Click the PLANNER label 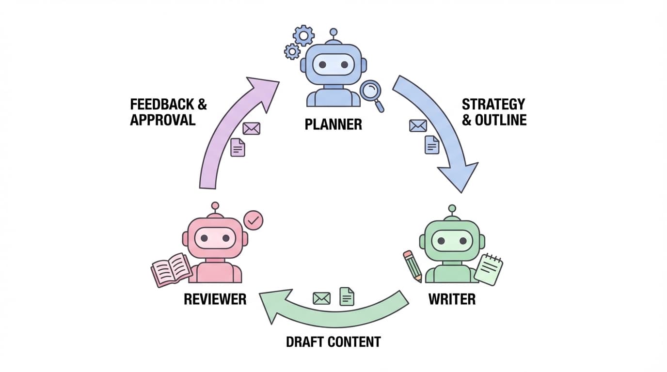click(333, 124)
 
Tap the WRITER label click(452, 299)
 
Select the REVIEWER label click(215, 299)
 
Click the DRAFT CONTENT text click(333, 341)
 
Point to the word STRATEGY click(493, 104)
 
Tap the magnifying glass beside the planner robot click(372, 91)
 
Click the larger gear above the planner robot click(304, 35)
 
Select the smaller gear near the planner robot click(292, 51)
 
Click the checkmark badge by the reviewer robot click(253, 220)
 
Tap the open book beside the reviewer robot click(171, 269)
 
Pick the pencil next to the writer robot click(412, 265)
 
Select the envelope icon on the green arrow click(321, 298)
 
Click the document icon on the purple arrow click(238, 147)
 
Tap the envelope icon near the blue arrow click(418, 126)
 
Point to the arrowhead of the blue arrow click(459, 176)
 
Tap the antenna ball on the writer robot click(452, 208)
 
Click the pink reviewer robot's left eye click(204, 238)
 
